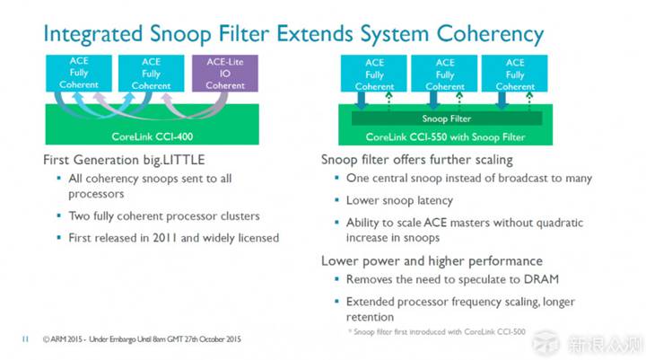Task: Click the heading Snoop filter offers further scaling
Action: (417, 159)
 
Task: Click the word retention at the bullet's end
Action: (371, 316)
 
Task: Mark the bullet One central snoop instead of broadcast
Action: (468, 179)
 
